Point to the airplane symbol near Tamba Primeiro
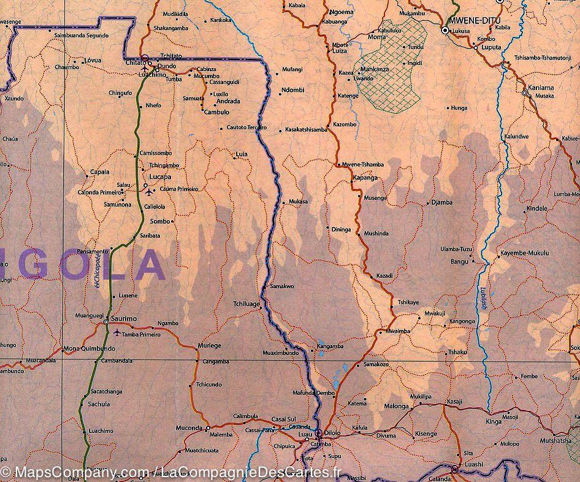click(116, 333)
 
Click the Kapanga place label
click(364, 178)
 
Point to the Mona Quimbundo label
click(89, 349)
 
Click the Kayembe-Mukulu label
click(524, 253)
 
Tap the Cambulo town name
click(216, 112)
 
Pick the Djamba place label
click(441, 202)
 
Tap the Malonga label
click(396, 406)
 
